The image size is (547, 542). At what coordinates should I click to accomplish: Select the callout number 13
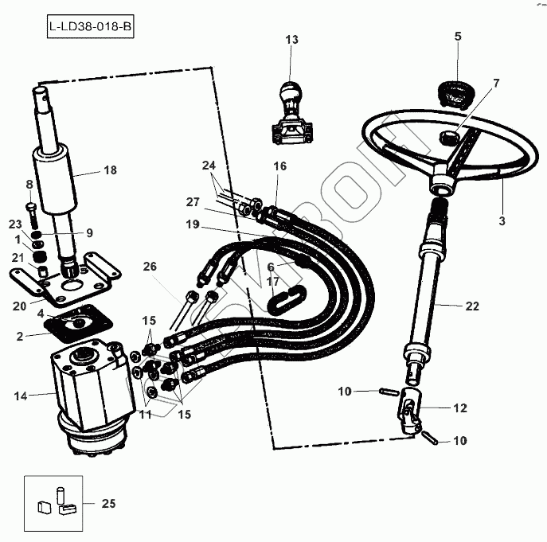coord(291,40)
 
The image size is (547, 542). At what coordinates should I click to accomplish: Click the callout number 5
coord(458,36)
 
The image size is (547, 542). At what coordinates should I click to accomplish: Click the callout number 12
coord(459,408)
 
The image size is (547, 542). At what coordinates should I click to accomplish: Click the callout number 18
coord(110,170)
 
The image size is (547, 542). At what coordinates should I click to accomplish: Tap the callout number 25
coord(109,503)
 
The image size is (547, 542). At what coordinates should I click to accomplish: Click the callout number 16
coord(279,166)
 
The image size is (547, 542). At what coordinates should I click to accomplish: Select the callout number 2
coord(21,337)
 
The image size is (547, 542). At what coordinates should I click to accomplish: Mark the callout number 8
coord(29,185)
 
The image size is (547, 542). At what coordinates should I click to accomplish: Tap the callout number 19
coord(192,224)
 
